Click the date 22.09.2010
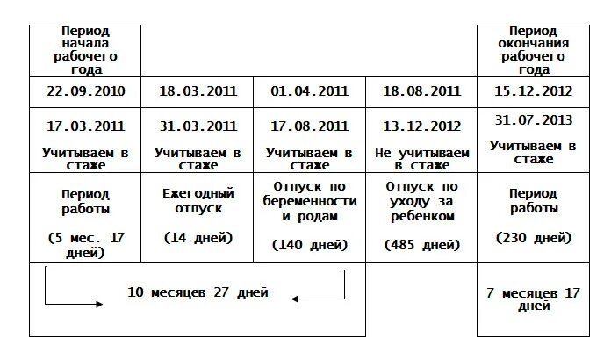85,91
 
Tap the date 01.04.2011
309,91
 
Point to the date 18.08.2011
421,91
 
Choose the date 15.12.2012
533,91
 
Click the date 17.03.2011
85,126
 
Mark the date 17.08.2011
309,126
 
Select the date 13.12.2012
421,126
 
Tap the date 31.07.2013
533,119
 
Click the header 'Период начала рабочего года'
85,49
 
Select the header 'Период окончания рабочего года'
533,49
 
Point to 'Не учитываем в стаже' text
421,157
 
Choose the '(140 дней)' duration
309,244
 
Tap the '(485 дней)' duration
421,244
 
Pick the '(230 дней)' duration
533,237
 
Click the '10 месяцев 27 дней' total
198,292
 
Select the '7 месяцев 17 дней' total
533,299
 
